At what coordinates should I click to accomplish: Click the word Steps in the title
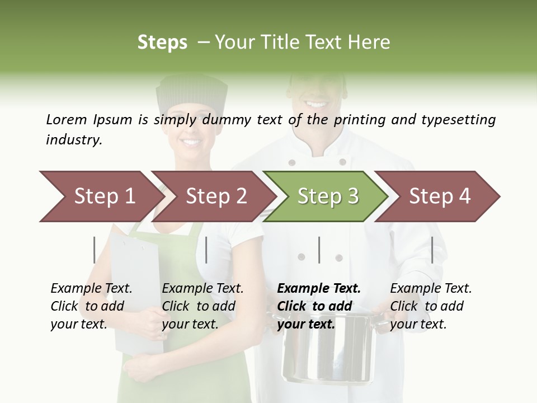click(x=162, y=43)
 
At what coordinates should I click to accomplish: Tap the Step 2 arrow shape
click(x=213, y=196)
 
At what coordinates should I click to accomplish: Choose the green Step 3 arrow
click(x=324, y=196)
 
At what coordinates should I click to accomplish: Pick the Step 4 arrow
click(x=436, y=196)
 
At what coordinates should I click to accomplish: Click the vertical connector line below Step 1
click(x=95, y=250)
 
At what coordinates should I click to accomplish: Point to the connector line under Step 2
click(x=206, y=250)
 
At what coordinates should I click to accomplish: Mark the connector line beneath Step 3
click(x=319, y=250)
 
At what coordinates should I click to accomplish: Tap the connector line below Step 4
click(x=432, y=250)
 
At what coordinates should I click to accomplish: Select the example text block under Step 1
click(x=91, y=306)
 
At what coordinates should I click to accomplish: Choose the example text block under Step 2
click(x=202, y=306)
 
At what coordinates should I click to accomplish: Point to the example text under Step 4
click(x=431, y=306)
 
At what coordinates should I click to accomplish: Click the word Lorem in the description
click(x=67, y=119)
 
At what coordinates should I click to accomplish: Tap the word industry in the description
click(x=73, y=140)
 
